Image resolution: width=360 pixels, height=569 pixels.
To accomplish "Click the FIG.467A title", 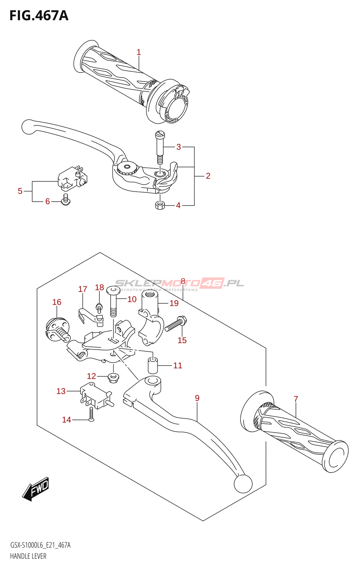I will pyautogui.click(x=39, y=16).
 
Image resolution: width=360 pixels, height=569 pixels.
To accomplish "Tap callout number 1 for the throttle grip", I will pyautogui.click(x=139, y=52).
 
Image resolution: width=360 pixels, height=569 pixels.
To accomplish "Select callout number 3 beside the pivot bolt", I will pyautogui.click(x=179, y=147).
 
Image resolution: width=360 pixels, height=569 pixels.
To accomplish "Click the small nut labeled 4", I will pyautogui.click(x=160, y=205).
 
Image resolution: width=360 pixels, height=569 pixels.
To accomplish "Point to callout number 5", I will pyautogui.click(x=20, y=191).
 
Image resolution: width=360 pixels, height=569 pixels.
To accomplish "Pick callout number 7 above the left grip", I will pyautogui.click(x=296, y=399).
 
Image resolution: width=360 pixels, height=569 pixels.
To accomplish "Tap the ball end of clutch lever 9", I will pyautogui.click(x=243, y=484).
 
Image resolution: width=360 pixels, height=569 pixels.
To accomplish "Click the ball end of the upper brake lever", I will pyautogui.click(x=28, y=127).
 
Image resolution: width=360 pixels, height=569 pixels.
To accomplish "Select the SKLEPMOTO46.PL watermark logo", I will pyautogui.click(x=180, y=283).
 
